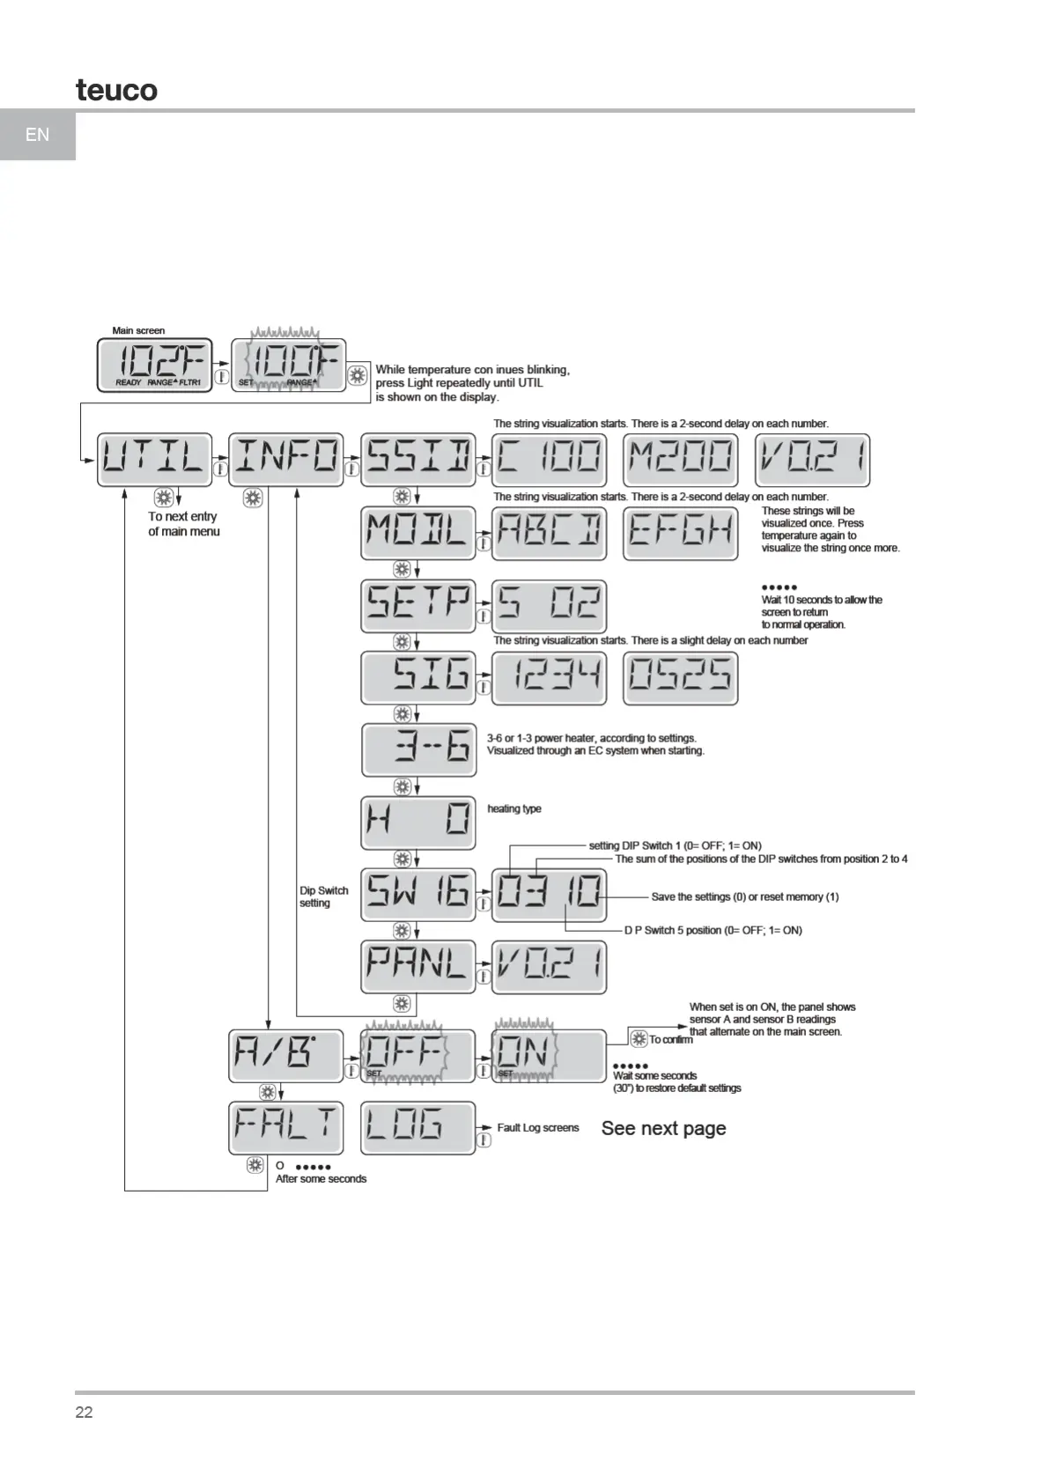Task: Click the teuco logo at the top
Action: [116, 90]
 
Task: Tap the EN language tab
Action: [38, 135]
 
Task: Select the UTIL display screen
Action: [154, 459]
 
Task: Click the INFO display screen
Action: [285, 459]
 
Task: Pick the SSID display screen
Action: [417, 459]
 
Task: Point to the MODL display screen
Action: [417, 532]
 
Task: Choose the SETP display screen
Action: [417, 605]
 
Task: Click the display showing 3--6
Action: [418, 750]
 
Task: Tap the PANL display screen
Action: [417, 966]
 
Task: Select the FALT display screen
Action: [285, 1127]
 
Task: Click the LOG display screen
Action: [417, 1127]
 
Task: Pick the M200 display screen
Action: [680, 459]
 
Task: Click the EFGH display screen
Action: [680, 532]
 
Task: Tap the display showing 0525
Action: [680, 678]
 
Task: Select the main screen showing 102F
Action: [154, 364]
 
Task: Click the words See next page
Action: [663, 1128]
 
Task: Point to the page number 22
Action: [84, 1412]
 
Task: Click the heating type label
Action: [514, 808]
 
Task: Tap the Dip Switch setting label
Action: [323, 896]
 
